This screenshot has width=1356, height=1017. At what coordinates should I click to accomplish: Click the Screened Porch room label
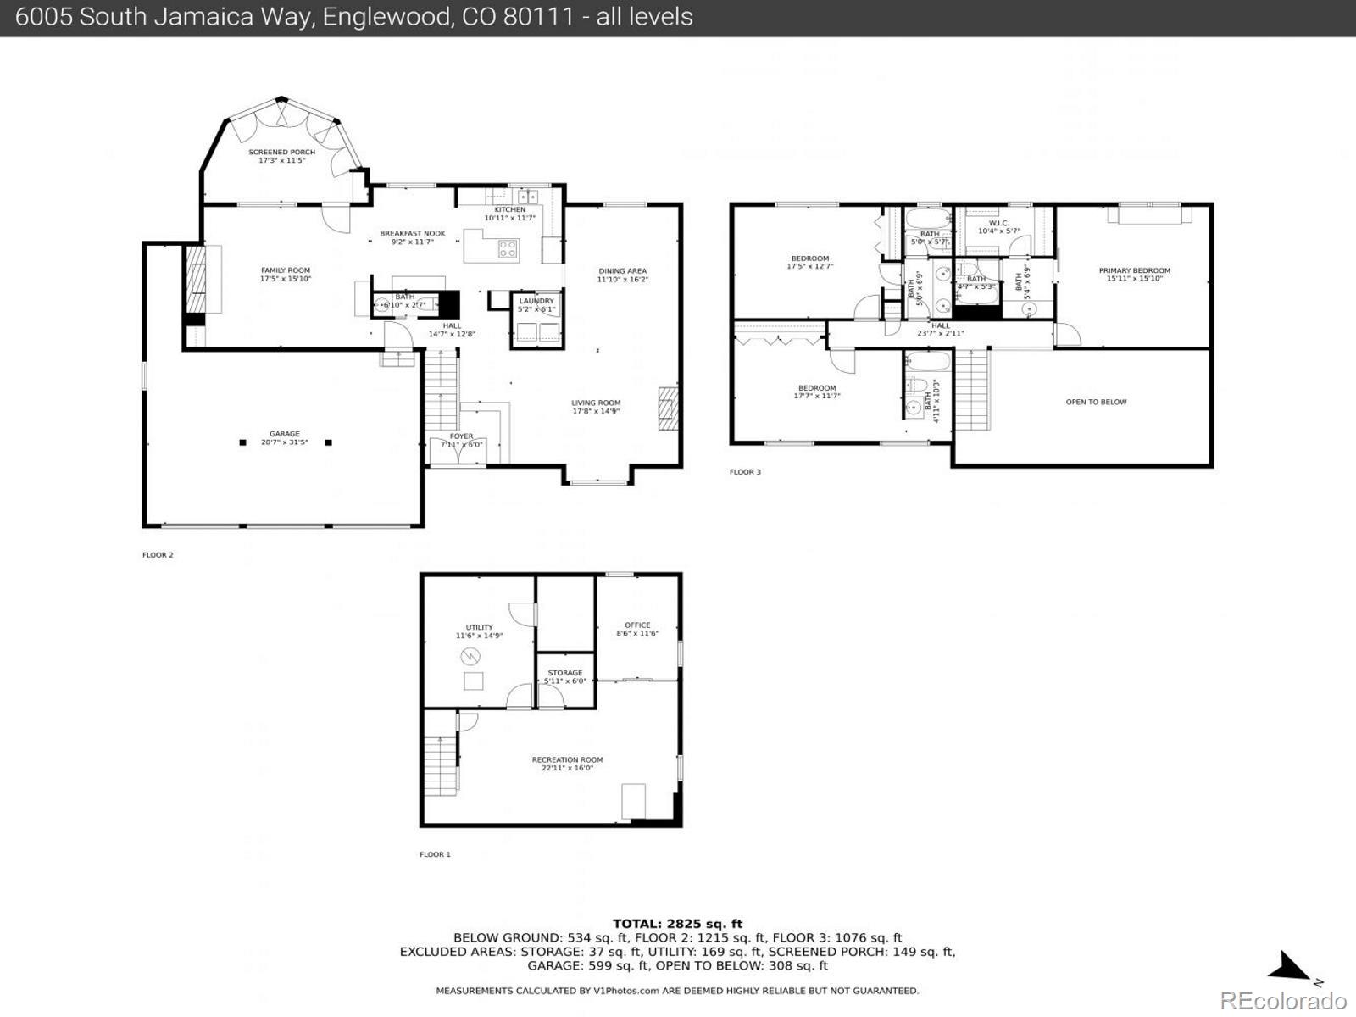click(281, 153)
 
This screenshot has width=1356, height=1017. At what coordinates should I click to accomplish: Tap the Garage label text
click(285, 434)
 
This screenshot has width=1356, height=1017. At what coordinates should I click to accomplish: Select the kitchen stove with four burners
click(508, 248)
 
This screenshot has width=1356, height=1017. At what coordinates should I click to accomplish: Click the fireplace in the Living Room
click(669, 409)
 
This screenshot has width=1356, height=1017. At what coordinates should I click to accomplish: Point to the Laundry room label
click(536, 301)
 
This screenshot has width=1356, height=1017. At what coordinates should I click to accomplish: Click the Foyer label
click(462, 436)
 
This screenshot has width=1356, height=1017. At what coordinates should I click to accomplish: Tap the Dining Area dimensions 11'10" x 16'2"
click(622, 280)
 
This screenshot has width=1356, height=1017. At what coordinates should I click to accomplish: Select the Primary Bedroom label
click(1134, 271)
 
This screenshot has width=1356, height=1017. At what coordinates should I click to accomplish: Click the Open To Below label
click(1096, 402)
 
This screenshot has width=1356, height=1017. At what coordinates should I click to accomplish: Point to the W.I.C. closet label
click(998, 224)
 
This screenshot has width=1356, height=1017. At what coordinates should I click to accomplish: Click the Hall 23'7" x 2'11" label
click(940, 330)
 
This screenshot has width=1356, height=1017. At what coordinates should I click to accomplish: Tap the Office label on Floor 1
click(637, 625)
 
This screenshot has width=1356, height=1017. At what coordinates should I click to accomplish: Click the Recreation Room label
click(567, 760)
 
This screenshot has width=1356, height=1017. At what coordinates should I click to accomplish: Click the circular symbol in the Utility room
click(470, 656)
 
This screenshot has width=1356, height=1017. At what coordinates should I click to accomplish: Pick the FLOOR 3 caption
click(745, 472)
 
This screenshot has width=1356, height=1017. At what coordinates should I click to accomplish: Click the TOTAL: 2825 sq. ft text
click(677, 924)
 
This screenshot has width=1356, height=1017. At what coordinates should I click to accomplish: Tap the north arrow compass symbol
click(1292, 966)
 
